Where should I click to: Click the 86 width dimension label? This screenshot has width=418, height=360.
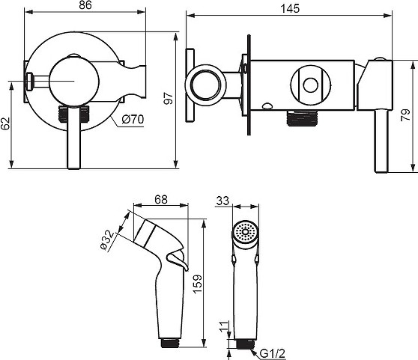point(85,5)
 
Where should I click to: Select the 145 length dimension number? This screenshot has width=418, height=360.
point(290,8)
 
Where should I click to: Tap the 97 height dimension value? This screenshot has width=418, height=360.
point(169,98)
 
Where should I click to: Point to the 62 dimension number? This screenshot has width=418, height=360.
point(5,123)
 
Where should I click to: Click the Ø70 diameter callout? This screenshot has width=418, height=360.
point(133,119)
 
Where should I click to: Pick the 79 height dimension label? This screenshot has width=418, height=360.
point(406,115)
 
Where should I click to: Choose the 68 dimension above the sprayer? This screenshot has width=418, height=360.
point(161,199)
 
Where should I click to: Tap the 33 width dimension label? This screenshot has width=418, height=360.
point(222,201)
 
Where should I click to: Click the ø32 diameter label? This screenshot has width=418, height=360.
point(107,240)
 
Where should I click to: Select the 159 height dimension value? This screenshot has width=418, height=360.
point(198,284)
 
